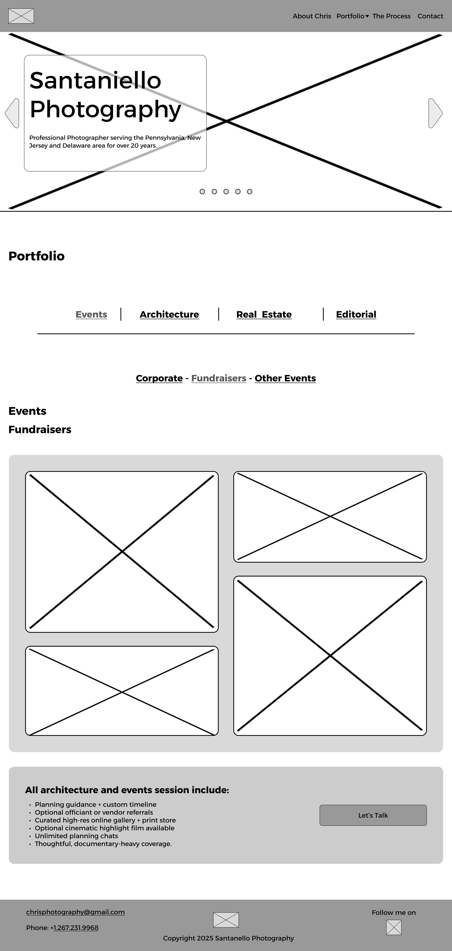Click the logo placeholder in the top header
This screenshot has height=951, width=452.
point(21,16)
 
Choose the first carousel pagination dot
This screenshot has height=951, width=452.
point(202,192)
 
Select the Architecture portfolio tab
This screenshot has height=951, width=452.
point(169,315)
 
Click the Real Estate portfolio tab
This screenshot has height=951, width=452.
point(264,315)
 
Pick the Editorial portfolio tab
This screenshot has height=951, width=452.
point(356,315)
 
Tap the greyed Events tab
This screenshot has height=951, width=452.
point(91,315)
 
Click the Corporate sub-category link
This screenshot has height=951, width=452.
point(159,378)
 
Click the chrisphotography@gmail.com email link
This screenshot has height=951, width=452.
point(75,912)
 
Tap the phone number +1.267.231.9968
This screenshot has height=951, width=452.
point(76,928)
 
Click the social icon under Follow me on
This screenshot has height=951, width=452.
point(394,927)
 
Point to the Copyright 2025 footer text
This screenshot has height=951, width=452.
point(228,939)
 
